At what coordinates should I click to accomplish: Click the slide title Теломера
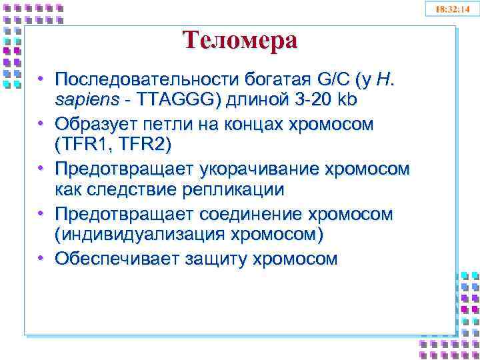coord(240,41)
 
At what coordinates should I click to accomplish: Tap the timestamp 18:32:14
coord(453,9)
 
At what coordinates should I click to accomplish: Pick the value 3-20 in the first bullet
coord(313,101)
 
